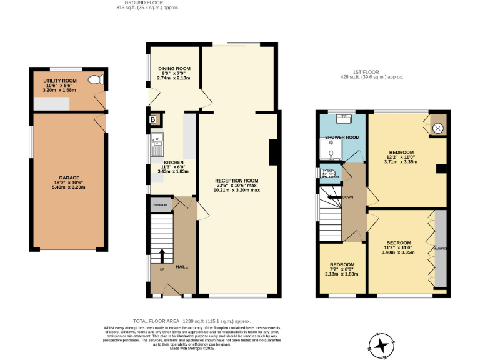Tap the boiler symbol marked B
click(x=152, y=119)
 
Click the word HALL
click(x=181, y=267)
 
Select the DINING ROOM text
click(x=174, y=68)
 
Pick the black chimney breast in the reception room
click(x=272, y=151)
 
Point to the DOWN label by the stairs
click(x=348, y=197)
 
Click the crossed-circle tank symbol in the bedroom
click(x=438, y=127)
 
